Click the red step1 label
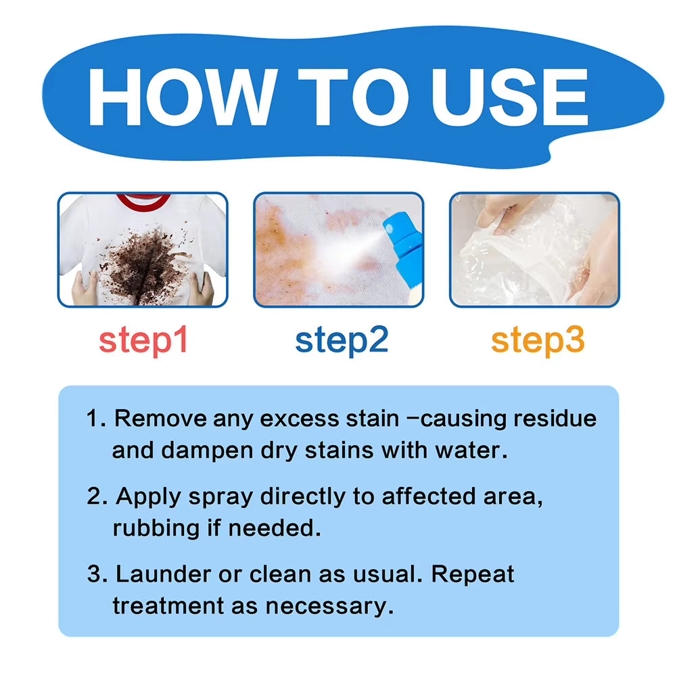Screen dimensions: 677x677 point(143,341)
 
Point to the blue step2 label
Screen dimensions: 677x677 point(342,341)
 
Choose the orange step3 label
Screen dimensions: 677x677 point(538,341)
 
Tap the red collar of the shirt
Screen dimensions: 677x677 point(143,201)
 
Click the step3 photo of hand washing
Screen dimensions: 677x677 point(534,250)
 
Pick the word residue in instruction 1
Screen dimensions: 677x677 point(555,419)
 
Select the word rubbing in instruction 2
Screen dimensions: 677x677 point(155,528)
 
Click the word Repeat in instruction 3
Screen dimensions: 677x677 point(473,574)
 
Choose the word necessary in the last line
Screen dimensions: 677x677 point(329,605)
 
